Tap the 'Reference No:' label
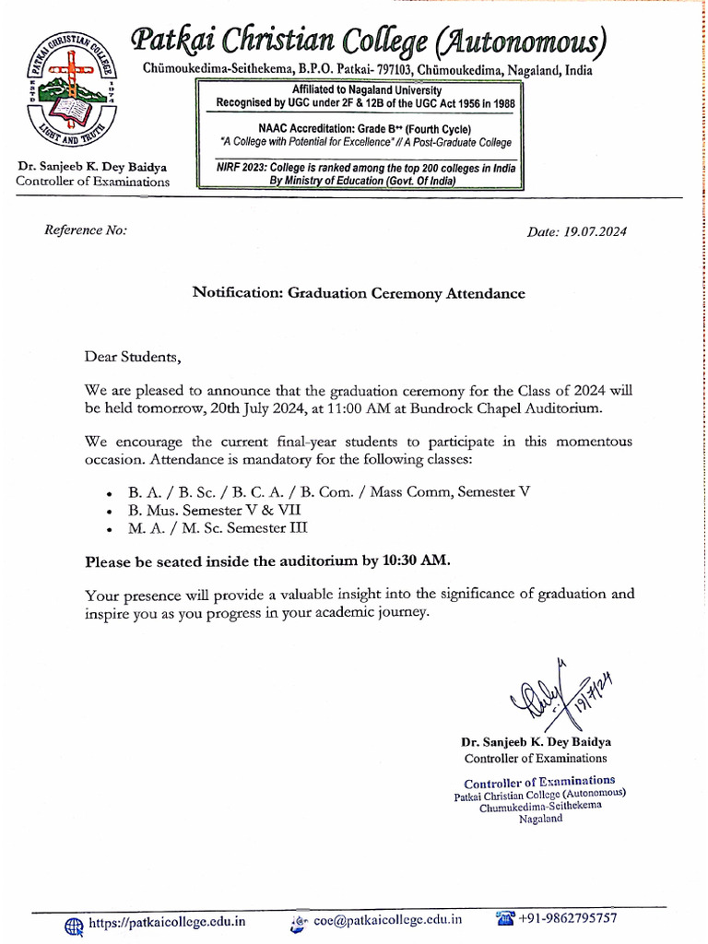point(86,230)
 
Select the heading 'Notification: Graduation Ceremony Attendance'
point(358,293)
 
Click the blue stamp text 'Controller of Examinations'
point(539,781)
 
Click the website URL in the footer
point(167,920)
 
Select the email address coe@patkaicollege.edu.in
point(387,919)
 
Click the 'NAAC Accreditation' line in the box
point(356,129)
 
